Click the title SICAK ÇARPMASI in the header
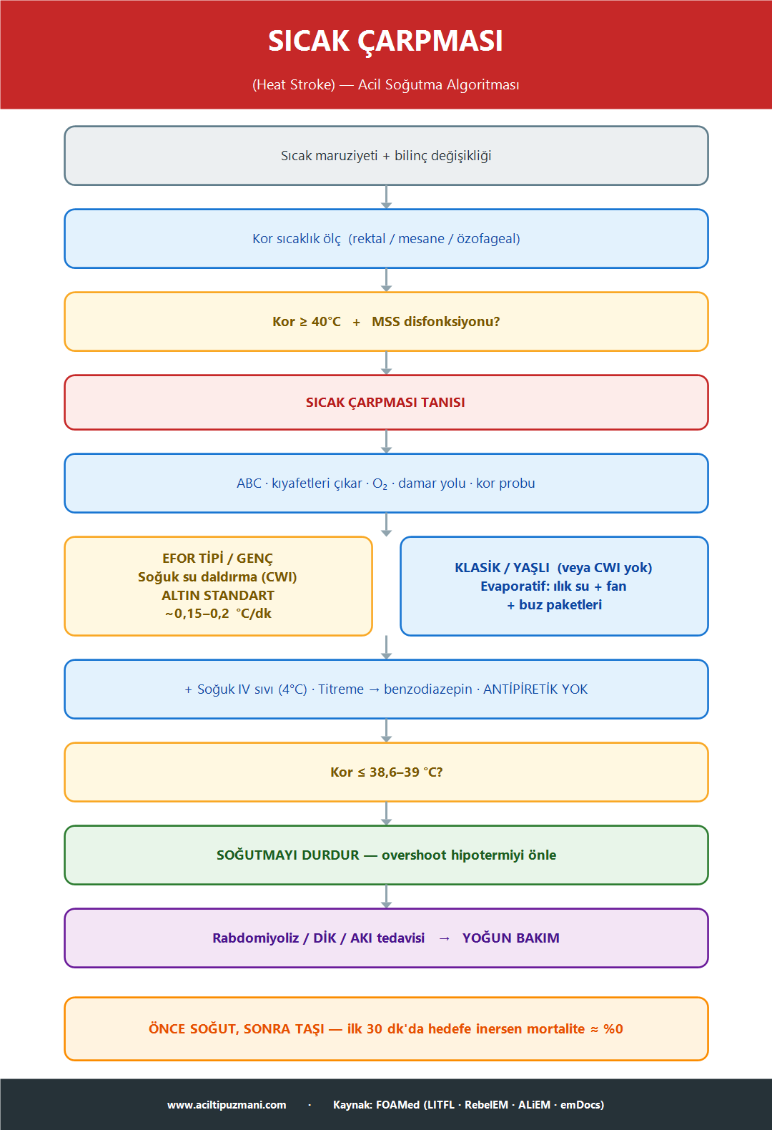[x=386, y=41]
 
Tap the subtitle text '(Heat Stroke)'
[x=294, y=84]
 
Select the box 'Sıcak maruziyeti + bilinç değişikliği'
[x=386, y=156]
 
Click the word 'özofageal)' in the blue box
[x=488, y=239]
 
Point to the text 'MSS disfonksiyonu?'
[x=435, y=322]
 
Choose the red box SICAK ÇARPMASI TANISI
[x=386, y=403]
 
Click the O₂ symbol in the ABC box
[x=380, y=483]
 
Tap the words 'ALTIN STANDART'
[x=218, y=595]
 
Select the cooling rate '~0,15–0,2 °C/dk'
[x=218, y=614]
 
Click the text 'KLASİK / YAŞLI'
[x=502, y=568]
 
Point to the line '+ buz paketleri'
[x=554, y=605]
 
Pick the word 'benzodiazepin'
[x=428, y=689]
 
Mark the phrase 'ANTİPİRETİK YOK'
[x=535, y=689]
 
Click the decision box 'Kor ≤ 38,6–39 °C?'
[x=386, y=772]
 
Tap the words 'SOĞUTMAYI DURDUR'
[x=288, y=855]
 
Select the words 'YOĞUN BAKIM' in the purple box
[x=511, y=938]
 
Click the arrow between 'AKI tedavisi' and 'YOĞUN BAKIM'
[x=444, y=939]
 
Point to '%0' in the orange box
[x=613, y=1029]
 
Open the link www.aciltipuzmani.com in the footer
[x=227, y=1105]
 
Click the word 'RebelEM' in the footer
[x=486, y=1105]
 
